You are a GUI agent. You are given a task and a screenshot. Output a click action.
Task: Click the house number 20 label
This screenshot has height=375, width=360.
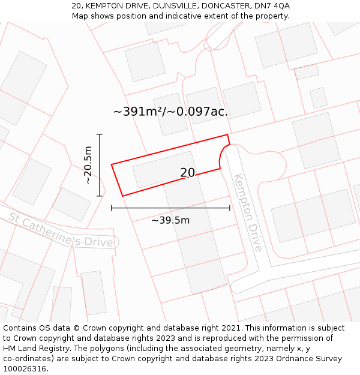click(187, 173)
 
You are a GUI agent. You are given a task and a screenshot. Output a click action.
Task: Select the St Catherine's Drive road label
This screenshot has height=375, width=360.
click(61, 229)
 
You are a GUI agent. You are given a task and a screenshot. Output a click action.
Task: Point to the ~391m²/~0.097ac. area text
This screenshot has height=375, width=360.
click(170, 111)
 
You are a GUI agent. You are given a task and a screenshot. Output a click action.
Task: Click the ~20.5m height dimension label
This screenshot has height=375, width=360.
click(88, 165)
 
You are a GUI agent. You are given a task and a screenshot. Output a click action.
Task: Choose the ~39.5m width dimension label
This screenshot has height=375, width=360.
click(170, 220)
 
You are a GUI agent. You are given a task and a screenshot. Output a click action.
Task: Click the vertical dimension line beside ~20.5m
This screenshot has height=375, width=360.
click(100, 165)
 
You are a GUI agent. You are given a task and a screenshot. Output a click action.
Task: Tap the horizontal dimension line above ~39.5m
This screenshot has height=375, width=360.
click(170, 208)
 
